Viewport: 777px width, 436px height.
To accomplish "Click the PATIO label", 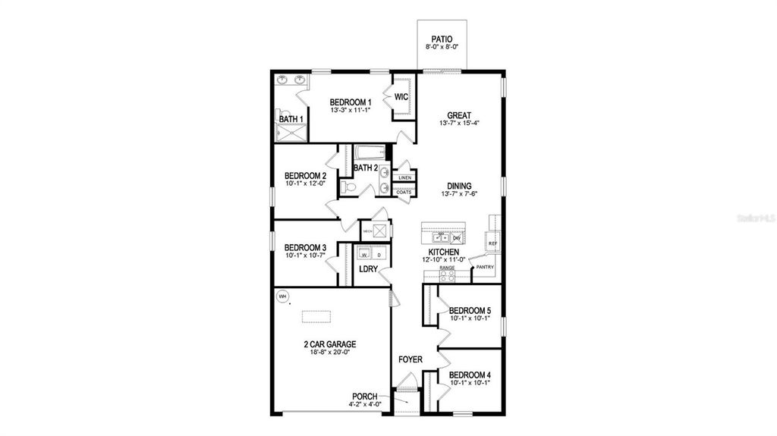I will coord(440,38).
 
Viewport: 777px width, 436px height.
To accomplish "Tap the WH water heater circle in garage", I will coord(282,296).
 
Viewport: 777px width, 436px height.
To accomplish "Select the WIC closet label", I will coord(401,96).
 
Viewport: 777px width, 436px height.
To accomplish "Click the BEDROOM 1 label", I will coord(350,102).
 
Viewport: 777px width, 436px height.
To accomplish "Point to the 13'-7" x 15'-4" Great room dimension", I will coord(460,124).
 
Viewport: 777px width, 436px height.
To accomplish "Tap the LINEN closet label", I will coord(404,177).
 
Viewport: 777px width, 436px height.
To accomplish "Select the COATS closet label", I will coord(404,193).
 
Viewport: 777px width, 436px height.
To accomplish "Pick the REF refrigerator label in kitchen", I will coord(492,243).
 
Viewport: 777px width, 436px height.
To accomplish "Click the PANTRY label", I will coord(485,266).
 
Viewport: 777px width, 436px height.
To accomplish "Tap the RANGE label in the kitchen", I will coord(447,268).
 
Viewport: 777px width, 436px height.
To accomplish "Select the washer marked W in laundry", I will coord(364,254).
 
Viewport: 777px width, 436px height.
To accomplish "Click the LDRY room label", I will coord(368,268).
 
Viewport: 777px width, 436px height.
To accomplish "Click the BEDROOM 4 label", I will coord(470,375).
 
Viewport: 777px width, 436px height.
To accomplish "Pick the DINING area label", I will coord(459,186).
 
